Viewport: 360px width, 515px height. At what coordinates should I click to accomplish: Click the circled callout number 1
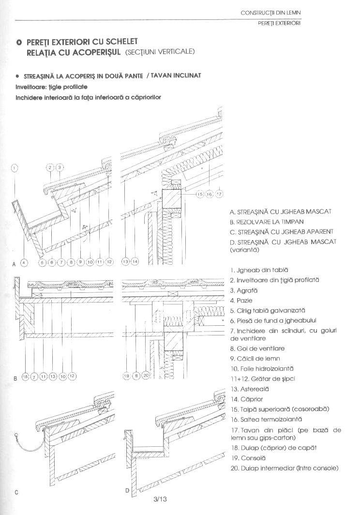(15, 168)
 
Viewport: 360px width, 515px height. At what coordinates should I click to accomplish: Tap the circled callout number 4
(24, 262)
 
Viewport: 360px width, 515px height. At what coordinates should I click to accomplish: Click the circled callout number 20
(147, 375)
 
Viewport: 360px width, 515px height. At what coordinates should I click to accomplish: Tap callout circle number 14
(135, 262)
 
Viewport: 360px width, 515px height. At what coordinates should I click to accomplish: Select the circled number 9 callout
(80, 262)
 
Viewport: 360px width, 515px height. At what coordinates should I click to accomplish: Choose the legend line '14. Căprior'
(248, 399)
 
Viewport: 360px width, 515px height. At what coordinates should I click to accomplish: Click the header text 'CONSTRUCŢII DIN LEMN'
(274, 13)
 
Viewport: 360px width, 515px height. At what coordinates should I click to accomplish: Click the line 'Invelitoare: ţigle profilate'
(51, 87)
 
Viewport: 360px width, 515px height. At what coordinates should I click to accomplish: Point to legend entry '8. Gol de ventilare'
(257, 348)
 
